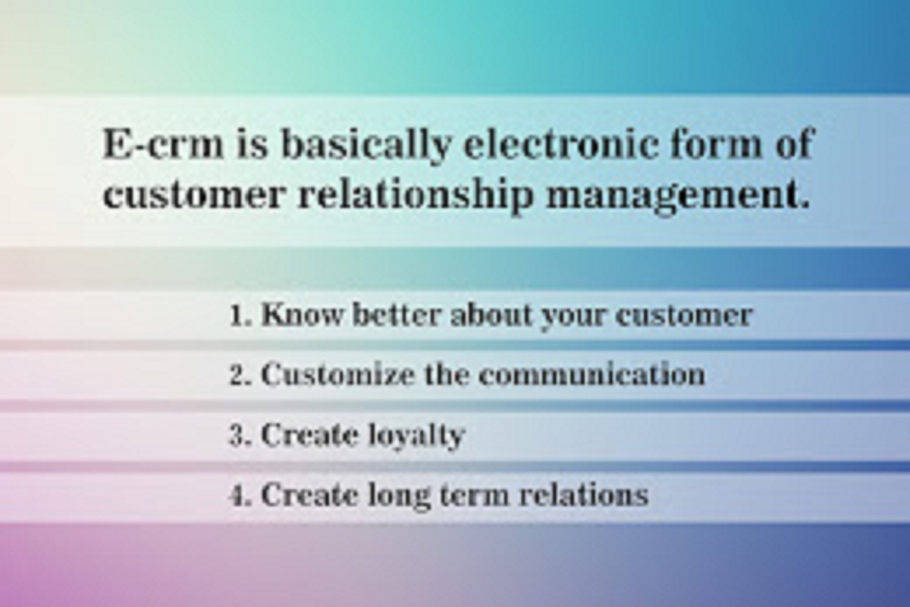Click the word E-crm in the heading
tap(163, 144)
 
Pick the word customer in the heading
tap(193, 196)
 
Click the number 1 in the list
tap(238, 316)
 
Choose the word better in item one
tap(397, 316)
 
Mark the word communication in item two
tap(591, 376)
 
